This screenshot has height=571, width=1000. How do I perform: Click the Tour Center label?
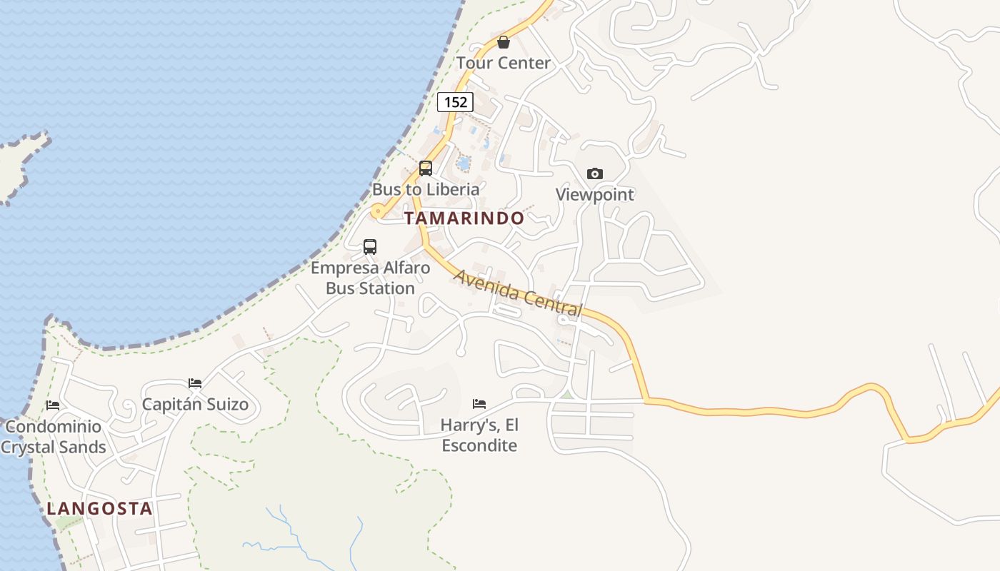coord(504,63)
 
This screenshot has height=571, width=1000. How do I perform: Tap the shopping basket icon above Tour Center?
coord(504,42)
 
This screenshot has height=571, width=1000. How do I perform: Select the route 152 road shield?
coord(455,102)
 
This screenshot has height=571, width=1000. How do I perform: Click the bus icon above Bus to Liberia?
coord(426,168)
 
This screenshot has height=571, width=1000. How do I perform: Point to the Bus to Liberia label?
coord(426,189)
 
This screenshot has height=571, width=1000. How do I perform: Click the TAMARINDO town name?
coord(464,218)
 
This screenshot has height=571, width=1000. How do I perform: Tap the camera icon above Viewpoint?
coord(594,173)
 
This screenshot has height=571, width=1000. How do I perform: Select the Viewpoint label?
coord(595,194)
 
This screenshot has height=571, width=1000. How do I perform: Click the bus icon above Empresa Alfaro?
coord(370,247)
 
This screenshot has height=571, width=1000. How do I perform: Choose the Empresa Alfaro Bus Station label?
coord(371,278)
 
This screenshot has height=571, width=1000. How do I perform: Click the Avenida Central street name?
coord(519,293)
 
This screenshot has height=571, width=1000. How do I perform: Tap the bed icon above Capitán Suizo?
coord(195,383)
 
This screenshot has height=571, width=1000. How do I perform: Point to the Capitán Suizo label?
coord(195,405)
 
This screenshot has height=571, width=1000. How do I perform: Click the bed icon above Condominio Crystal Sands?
coord(53,405)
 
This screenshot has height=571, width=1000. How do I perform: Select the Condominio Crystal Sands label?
coord(54,437)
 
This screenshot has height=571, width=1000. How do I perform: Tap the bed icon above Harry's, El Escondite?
coord(479,404)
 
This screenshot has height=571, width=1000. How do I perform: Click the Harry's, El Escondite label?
coord(479,435)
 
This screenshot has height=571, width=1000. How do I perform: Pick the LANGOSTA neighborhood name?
coord(99,509)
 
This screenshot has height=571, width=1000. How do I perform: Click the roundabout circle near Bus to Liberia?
coord(376,211)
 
